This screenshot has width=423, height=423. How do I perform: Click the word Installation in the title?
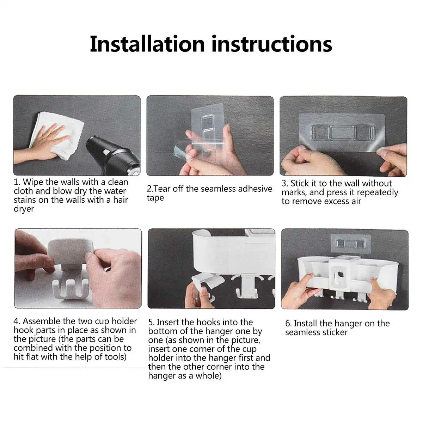coord(147,44)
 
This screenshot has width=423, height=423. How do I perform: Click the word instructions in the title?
coord(272,44)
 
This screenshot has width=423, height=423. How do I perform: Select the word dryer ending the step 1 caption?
coord(24,209)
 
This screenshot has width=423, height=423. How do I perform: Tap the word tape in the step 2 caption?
coord(155,198)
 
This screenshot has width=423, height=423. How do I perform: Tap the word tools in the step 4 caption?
coord(114,357)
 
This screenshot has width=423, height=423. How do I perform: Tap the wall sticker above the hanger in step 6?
coord(350,244)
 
